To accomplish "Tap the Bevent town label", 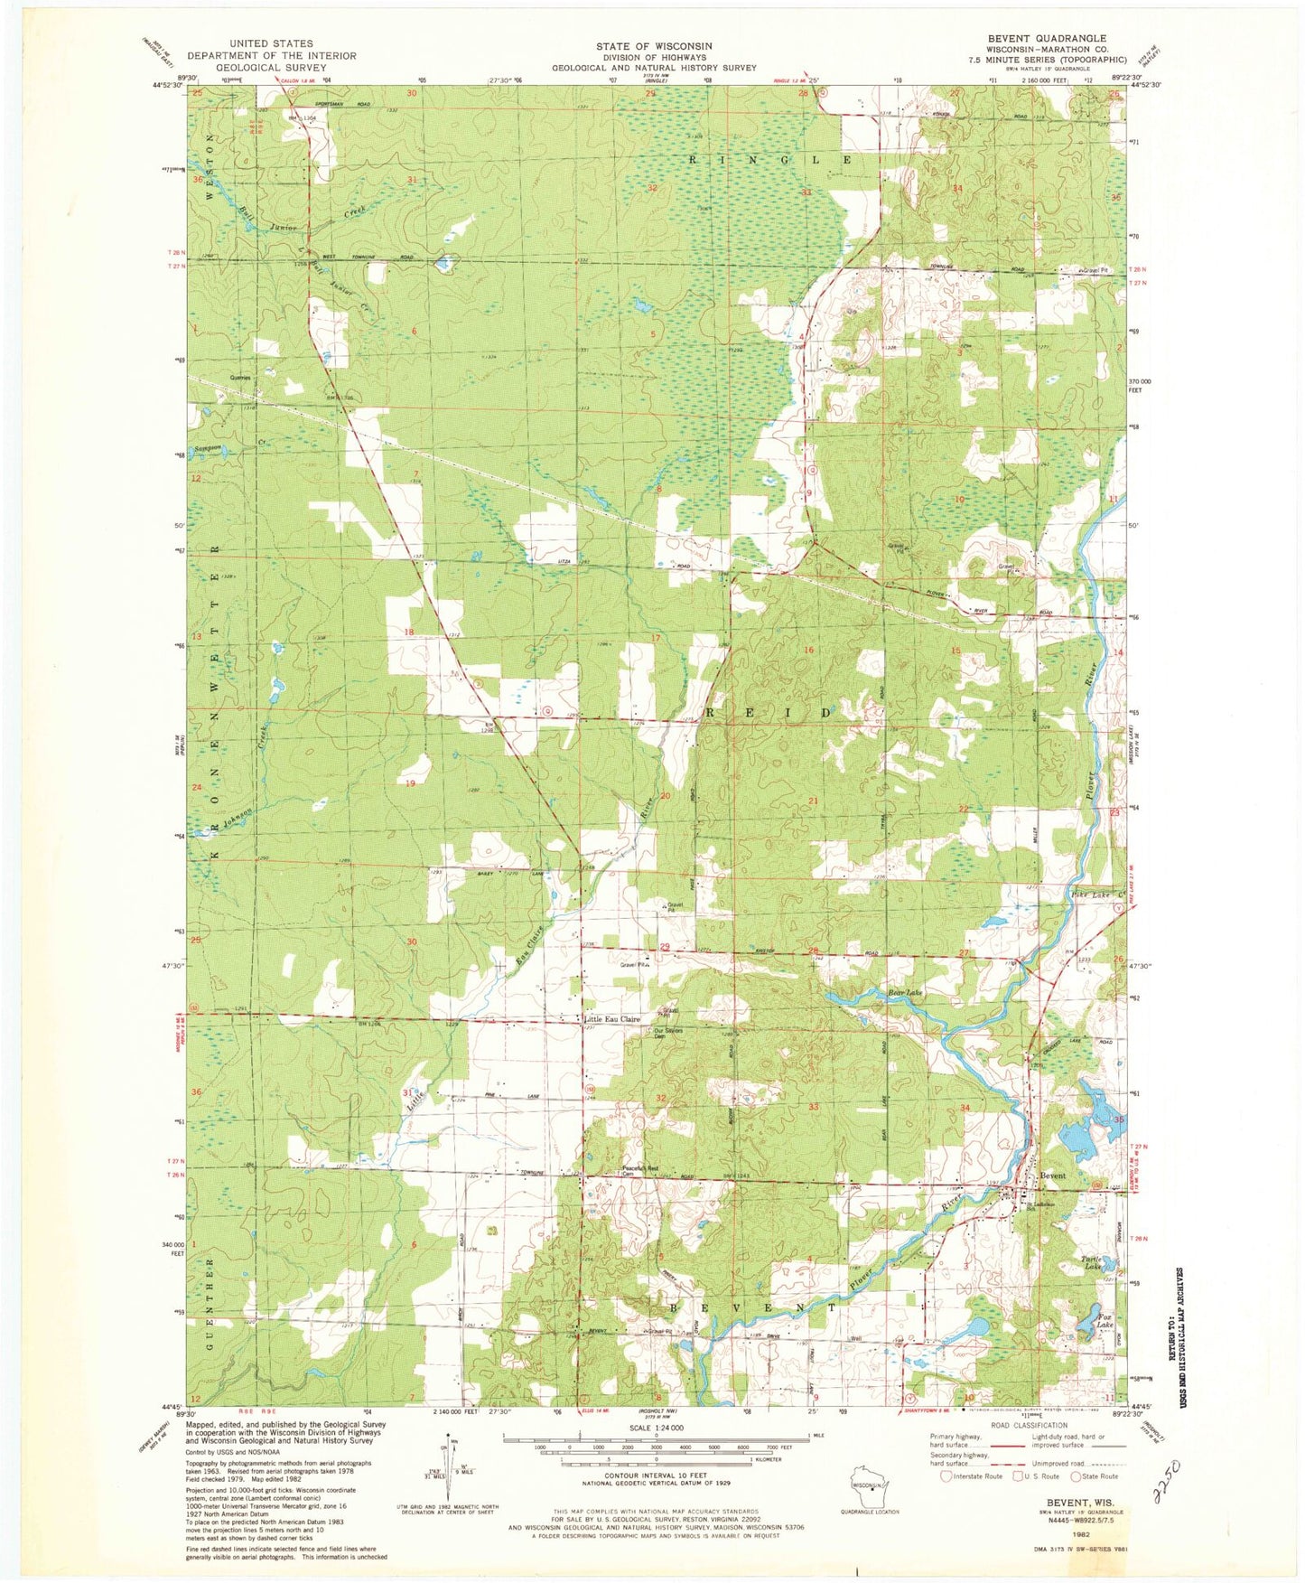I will coord(1053,1176).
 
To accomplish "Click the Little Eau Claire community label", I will coord(613,1019).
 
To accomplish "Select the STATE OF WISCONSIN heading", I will coord(654,46).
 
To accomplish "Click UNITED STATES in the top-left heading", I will coord(272,43).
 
